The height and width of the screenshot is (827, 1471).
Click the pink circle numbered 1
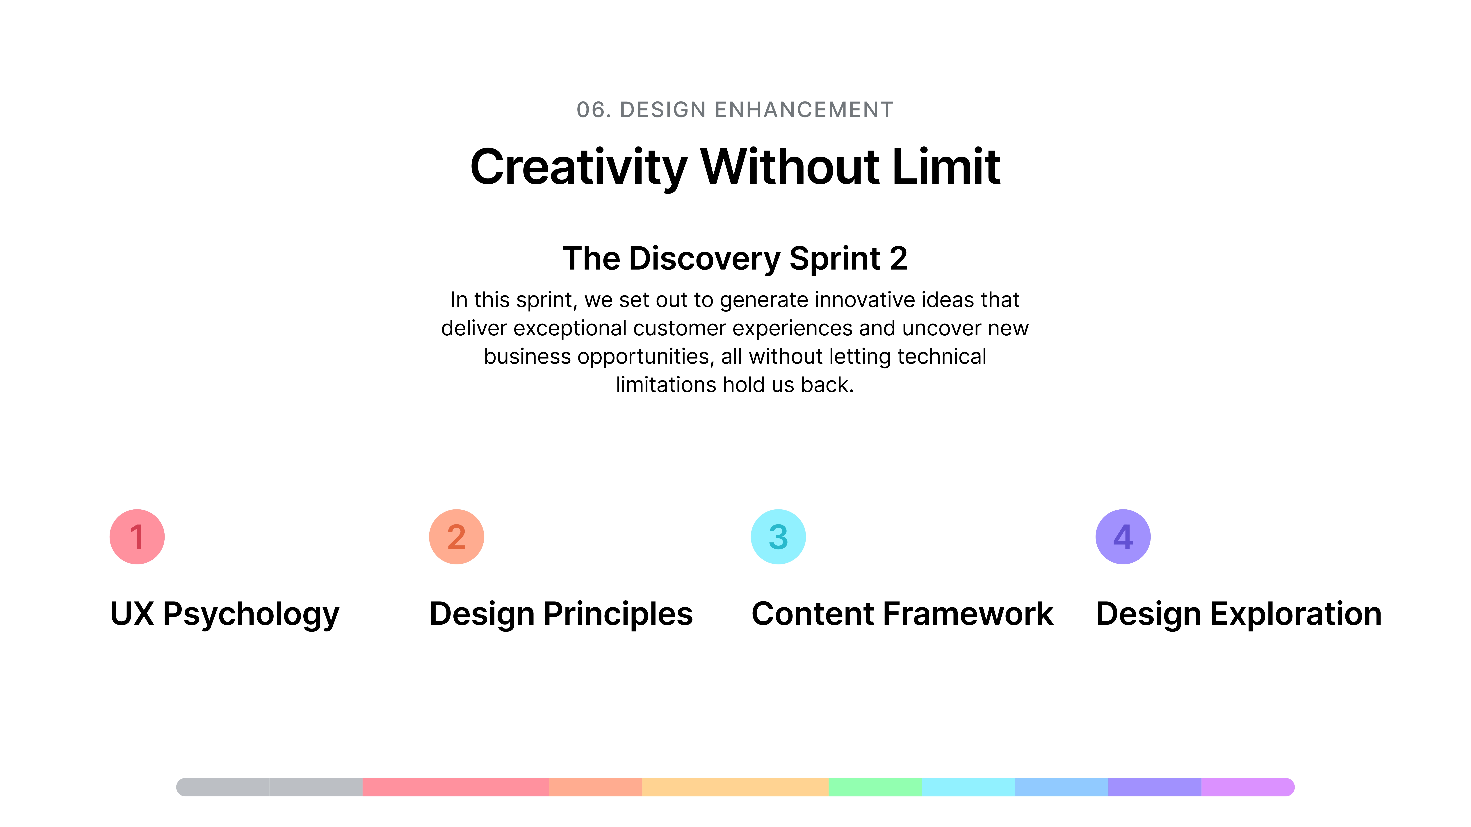[137, 536]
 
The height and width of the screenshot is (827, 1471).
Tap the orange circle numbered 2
[456, 536]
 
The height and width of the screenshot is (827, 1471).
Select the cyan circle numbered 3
[778, 536]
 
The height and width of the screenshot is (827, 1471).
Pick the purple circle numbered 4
[1123, 536]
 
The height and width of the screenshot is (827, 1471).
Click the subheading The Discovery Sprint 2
[735, 259]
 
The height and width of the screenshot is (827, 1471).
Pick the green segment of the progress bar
[875, 787]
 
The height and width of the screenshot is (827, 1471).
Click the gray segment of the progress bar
[270, 787]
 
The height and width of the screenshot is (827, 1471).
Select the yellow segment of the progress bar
[735, 787]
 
